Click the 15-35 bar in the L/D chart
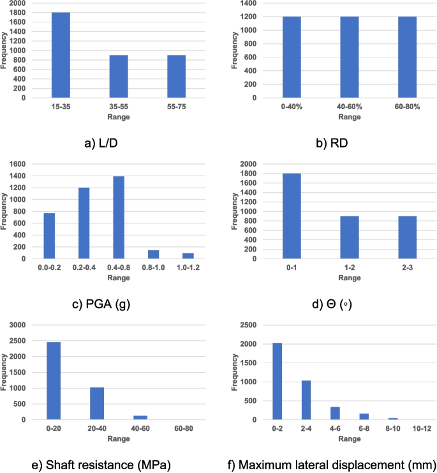pos(61,55)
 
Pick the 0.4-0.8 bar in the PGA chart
pos(119,218)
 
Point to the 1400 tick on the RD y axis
pos(249,3)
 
